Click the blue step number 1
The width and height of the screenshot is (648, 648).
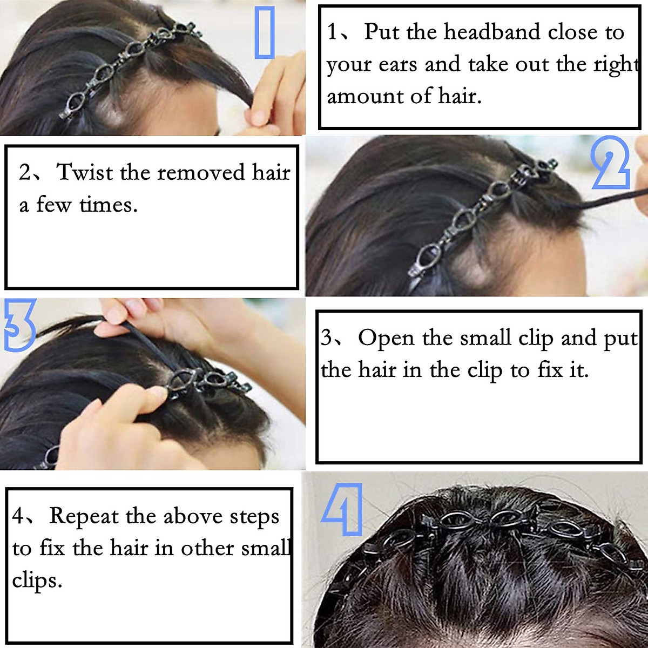click(265, 32)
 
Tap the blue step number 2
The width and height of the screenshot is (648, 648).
click(611, 164)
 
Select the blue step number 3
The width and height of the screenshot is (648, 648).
click(19, 325)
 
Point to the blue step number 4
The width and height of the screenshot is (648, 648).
click(342, 510)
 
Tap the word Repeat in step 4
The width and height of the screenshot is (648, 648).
click(84, 516)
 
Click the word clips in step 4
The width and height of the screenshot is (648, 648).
click(37, 581)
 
